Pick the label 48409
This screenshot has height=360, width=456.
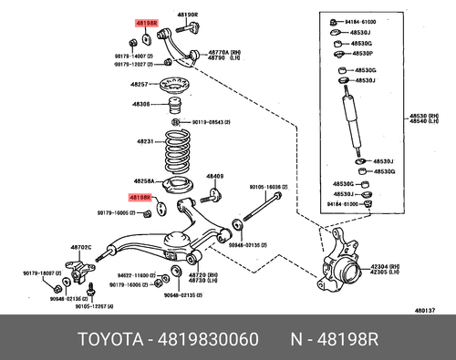214,176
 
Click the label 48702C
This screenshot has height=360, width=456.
83,247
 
